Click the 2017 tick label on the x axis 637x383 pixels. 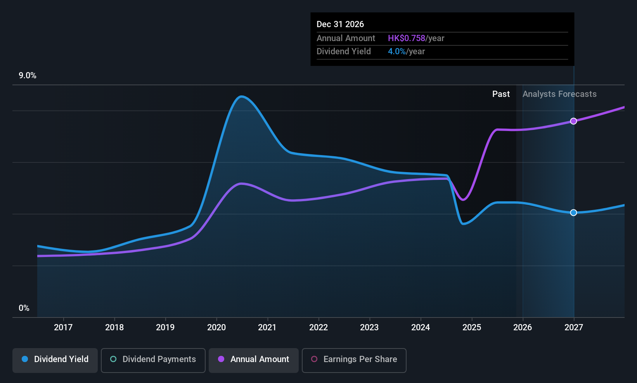pyautogui.click(x=63, y=327)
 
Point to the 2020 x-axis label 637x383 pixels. pyautogui.click(x=216, y=327)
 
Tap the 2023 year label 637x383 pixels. pyautogui.click(x=369, y=327)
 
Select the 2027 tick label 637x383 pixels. pyautogui.click(x=573, y=327)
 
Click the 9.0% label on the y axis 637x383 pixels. pyautogui.click(x=28, y=76)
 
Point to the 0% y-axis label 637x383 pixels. pyautogui.click(x=24, y=308)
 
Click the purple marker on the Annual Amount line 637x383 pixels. pyautogui.click(x=573, y=121)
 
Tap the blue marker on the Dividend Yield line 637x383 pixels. pyautogui.click(x=573, y=212)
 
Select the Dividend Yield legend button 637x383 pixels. pyautogui.click(x=55, y=359)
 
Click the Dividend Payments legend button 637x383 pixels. pyautogui.click(x=153, y=359)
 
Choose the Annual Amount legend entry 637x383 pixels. pyautogui.click(x=254, y=359)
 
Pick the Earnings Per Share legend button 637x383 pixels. pyautogui.click(x=354, y=359)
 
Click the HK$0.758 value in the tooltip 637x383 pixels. pyautogui.click(x=407, y=38)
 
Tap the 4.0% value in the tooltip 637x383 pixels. pyautogui.click(x=396, y=52)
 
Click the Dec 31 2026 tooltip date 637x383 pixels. pyautogui.click(x=340, y=24)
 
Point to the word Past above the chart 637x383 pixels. pyautogui.click(x=501, y=94)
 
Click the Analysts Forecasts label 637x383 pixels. pyautogui.click(x=559, y=94)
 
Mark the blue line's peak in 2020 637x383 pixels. pyautogui.click(x=241, y=97)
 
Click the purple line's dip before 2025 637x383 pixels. pyautogui.click(x=463, y=200)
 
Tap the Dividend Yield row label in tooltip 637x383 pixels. pyautogui.click(x=344, y=52)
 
